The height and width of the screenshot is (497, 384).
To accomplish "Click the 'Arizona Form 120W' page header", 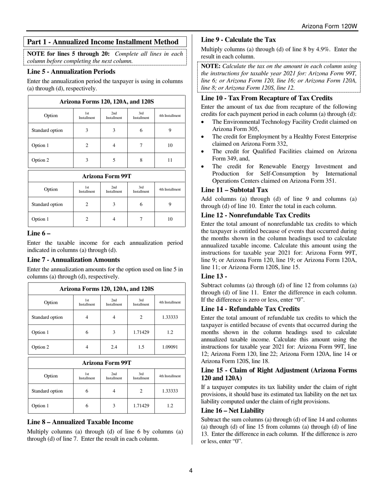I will (x=329, y=26).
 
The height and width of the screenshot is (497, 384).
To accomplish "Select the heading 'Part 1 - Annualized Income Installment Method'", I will (x=103, y=42).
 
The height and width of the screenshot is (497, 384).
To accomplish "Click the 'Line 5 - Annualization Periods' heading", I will (x=71, y=72).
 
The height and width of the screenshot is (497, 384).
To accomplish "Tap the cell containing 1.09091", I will (x=170, y=347).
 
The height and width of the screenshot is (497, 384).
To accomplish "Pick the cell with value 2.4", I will (x=114, y=347).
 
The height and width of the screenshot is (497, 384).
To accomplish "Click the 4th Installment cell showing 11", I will (x=170, y=160).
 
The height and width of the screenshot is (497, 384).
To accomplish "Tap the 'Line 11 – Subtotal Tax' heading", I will (x=234, y=190).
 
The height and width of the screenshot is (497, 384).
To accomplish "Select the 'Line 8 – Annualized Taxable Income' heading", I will (x=80, y=422).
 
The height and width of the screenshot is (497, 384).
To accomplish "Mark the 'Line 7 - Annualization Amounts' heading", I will (x=73, y=260).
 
